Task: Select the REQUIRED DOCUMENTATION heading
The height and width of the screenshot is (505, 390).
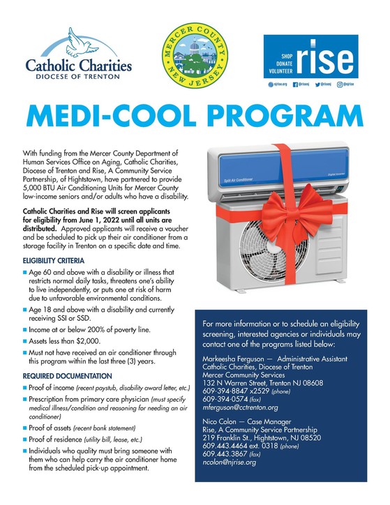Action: (68, 376)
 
